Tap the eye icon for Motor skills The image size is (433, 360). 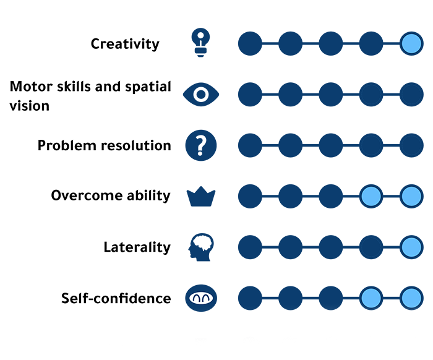coord(201,95)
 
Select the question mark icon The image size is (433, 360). coord(201,146)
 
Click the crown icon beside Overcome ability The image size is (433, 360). coord(201,197)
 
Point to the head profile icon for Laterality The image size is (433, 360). coord(200,247)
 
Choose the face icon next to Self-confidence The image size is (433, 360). coord(201,298)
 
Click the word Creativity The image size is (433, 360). coord(125,44)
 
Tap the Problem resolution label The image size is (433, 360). coord(104,146)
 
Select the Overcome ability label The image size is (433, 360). coord(111,196)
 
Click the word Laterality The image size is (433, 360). coord(137,247)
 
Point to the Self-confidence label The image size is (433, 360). coord(116,299)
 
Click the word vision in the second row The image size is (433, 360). coord(29,106)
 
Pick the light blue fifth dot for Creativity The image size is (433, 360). coord(411,44)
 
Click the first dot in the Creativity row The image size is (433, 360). coord(250,44)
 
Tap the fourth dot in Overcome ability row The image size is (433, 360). coord(371,197)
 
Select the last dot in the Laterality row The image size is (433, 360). coord(411,247)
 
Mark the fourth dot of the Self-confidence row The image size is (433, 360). coord(371,298)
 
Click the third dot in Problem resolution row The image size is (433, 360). coord(331,146)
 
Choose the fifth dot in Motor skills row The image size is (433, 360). coord(411,95)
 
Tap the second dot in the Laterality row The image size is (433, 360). coord(290,247)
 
